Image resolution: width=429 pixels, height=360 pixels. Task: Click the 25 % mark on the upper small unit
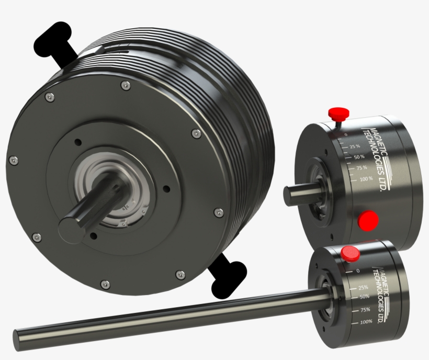coord(356,146)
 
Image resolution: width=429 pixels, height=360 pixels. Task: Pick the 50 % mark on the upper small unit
coord(359,156)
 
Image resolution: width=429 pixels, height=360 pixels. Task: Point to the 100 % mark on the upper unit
coord(366,179)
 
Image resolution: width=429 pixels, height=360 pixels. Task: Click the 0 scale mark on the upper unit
coord(346,134)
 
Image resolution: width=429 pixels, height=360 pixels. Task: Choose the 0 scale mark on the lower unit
coord(357,271)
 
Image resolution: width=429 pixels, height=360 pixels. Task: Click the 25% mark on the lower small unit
coord(363,287)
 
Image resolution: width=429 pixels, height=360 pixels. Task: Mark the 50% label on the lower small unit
coord(365,297)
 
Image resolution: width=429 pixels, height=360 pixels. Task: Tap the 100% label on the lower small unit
coord(366,321)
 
